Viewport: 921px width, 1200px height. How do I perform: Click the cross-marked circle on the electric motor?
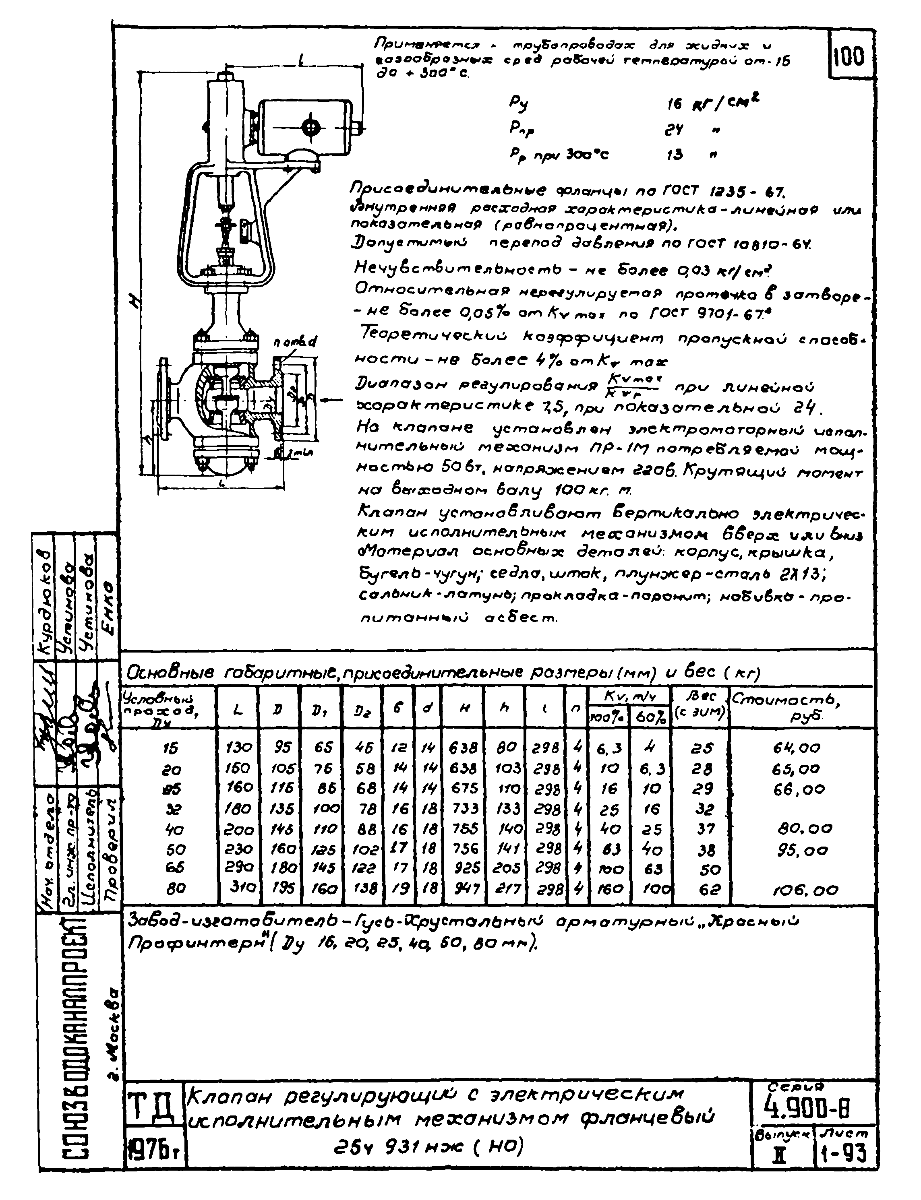310,128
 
